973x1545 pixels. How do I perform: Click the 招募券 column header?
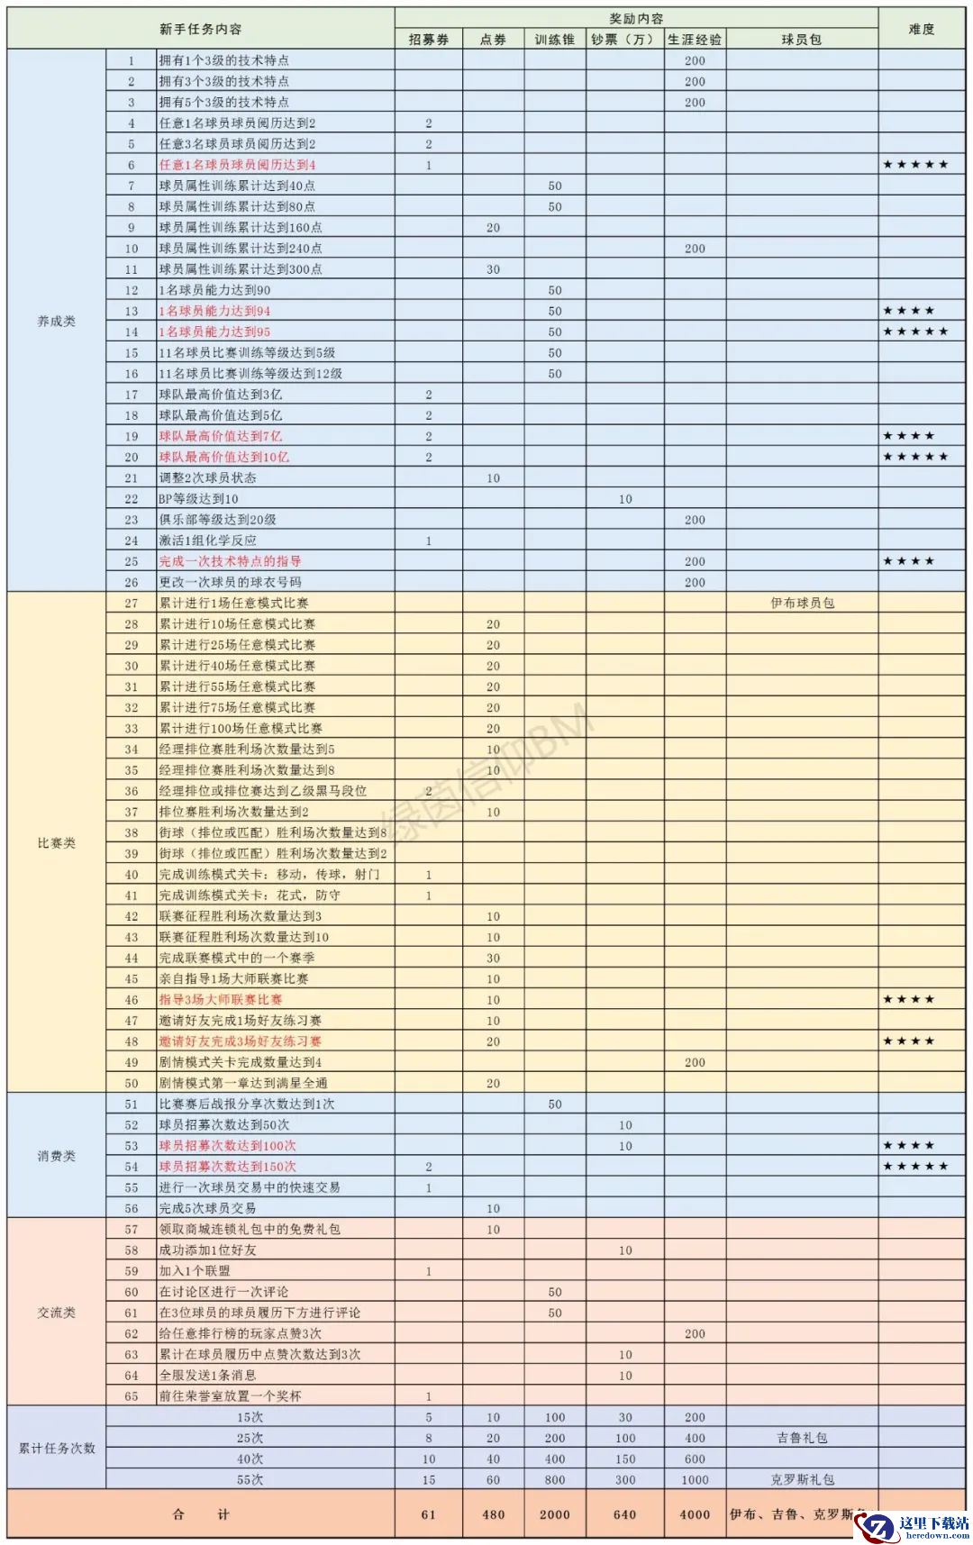click(x=429, y=40)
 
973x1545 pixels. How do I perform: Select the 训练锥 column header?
click(x=555, y=40)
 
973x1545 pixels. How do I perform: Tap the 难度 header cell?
click(x=922, y=30)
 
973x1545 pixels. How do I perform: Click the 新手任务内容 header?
click(x=201, y=30)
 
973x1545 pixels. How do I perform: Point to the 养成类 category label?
click(x=56, y=322)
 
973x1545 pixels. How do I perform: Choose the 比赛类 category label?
click(x=56, y=843)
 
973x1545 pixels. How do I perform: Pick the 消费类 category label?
click(x=56, y=1156)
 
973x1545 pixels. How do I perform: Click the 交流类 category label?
click(x=56, y=1313)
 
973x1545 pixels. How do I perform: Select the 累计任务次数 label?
click(x=56, y=1449)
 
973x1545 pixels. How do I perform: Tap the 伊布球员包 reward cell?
click(x=802, y=603)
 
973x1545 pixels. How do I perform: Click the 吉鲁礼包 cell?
click(x=802, y=1438)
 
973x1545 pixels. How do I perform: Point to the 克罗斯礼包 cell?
click(x=802, y=1479)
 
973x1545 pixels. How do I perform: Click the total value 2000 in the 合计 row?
click(x=555, y=1514)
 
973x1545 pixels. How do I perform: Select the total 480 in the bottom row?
click(x=493, y=1514)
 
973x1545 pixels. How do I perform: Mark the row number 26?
click(x=132, y=582)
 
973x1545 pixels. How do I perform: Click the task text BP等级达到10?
click(x=199, y=499)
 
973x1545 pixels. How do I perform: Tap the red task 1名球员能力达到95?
click(x=214, y=332)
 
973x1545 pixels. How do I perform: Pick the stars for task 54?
click(x=915, y=1167)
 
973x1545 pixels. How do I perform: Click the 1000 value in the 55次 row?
click(x=695, y=1479)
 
